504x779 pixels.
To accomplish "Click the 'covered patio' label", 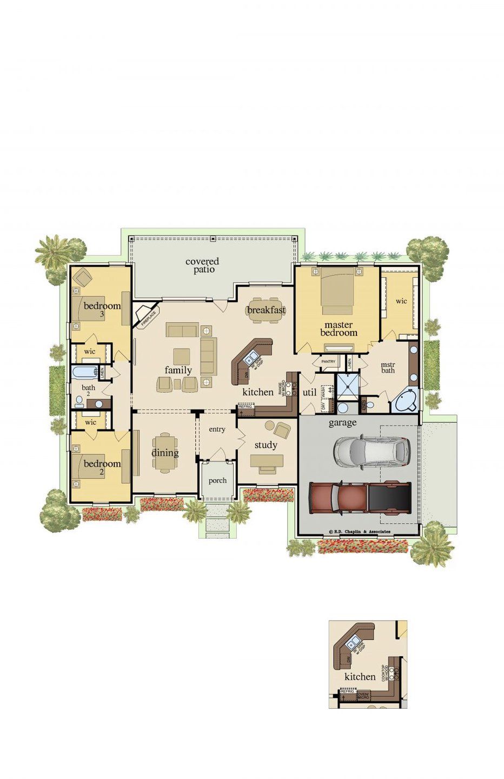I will tap(202, 265).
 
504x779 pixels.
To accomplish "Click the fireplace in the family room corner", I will tap(146, 316).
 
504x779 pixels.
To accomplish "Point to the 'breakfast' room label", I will tap(266, 310).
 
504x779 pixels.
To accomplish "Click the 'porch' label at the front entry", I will tap(217, 480).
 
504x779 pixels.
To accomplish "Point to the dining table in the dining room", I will tap(165, 453).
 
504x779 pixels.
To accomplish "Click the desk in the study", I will tap(267, 461).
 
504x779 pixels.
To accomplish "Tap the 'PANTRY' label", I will tap(328, 361).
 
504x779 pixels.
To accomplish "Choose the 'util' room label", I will tap(309, 392).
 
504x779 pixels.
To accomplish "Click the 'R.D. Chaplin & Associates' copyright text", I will tap(359, 532).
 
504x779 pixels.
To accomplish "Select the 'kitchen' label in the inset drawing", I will tap(360, 677).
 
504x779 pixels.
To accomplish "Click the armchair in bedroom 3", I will tap(83, 278).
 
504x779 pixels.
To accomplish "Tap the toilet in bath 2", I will tap(79, 401).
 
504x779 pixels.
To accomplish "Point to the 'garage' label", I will tap(342, 422).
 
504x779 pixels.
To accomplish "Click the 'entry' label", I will tap(217, 430).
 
